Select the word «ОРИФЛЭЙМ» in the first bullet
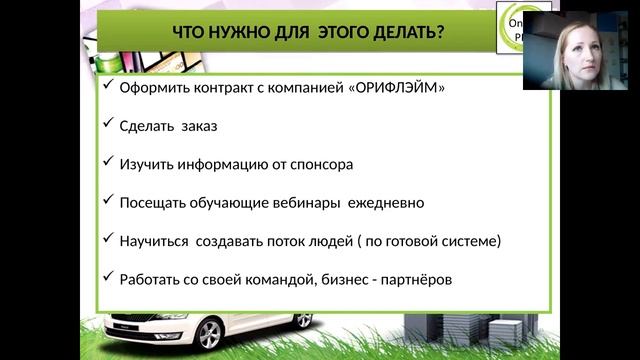pos(397,87)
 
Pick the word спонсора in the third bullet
pos(319,164)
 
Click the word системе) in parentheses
pos(473,241)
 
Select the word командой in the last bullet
pos(272,280)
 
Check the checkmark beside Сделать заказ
pos(108,124)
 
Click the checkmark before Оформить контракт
pos(108,86)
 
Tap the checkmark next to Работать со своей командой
pos(108,279)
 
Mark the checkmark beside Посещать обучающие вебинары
pos(108,201)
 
